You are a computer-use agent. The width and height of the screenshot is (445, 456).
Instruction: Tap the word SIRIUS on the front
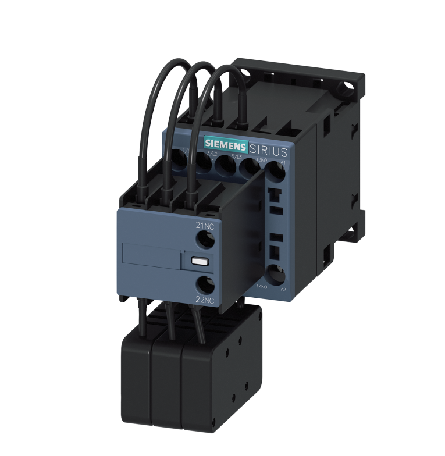(x=268, y=151)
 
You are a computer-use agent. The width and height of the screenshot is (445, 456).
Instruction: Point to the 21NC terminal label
(x=205, y=226)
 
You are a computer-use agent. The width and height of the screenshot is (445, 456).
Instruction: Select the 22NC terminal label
(x=204, y=300)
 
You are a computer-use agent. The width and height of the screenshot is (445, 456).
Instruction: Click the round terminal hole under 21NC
(x=204, y=239)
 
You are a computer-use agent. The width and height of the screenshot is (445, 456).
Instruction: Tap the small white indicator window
(x=197, y=262)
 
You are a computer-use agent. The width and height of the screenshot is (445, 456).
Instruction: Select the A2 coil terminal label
(x=283, y=289)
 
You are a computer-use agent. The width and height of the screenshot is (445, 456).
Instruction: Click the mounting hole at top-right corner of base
(x=350, y=85)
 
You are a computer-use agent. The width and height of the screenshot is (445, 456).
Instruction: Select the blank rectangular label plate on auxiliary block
(x=152, y=254)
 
